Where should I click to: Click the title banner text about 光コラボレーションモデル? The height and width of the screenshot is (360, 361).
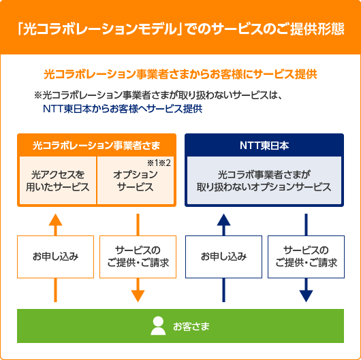click(x=180, y=30)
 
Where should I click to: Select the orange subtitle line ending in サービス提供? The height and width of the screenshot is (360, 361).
click(x=180, y=73)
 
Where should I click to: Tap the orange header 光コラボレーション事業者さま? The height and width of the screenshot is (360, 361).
click(x=97, y=145)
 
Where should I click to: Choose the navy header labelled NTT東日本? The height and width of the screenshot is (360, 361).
click(x=264, y=145)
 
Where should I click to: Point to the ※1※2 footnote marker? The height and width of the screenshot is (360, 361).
click(x=158, y=163)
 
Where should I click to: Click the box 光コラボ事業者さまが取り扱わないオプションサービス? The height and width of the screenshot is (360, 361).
click(x=264, y=180)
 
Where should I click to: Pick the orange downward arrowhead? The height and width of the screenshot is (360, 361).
click(x=138, y=295)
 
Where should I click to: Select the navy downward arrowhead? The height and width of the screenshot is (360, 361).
click(x=306, y=295)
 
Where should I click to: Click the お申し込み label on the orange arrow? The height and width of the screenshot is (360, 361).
click(x=56, y=257)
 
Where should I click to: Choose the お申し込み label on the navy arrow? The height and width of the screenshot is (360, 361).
click(x=223, y=257)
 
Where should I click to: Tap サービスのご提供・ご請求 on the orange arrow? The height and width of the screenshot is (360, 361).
click(x=138, y=257)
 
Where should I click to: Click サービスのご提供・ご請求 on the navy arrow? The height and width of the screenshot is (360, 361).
click(x=306, y=257)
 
